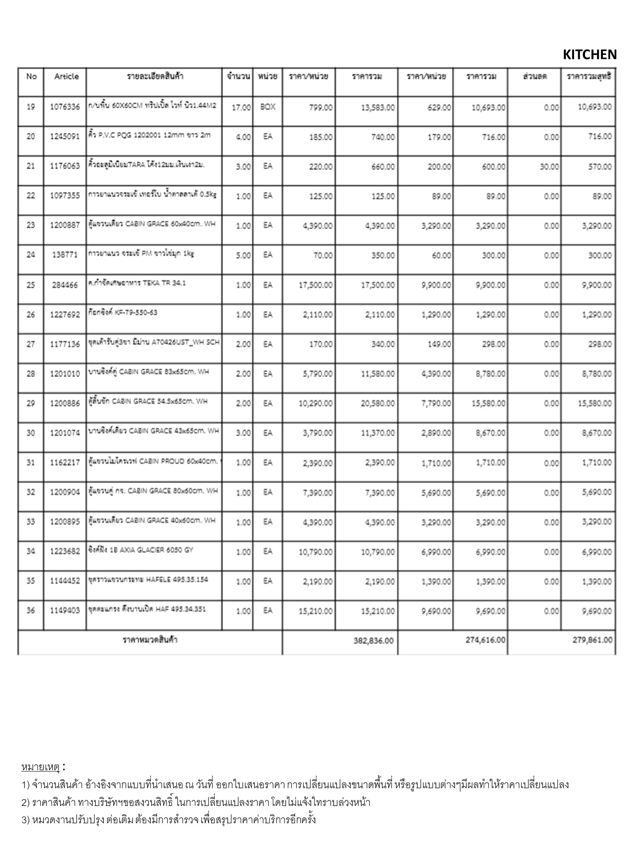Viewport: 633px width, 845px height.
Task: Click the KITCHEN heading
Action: coord(589,54)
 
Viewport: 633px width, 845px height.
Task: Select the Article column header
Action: coord(66,76)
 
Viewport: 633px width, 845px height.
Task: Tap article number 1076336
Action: coord(65,107)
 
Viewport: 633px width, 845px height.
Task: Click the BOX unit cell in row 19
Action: coord(267,107)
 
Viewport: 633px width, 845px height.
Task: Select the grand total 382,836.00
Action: coord(373,640)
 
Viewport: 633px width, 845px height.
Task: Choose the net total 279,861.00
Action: coord(592,640)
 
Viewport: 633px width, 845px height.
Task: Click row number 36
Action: coord(31,611)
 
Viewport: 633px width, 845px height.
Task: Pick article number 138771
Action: coord(65,255)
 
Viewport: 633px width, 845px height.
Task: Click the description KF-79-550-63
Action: coord(123,313)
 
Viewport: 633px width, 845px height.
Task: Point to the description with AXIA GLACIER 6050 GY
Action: coord(141,550)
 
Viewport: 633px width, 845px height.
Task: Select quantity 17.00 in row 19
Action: coord(241,107)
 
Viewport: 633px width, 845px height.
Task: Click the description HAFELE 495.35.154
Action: coord(148,580)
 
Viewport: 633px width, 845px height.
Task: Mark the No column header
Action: coord(31,76)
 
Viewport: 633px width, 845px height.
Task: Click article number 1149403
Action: coord(65,611)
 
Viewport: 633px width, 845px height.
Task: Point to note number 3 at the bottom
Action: coord(169,819)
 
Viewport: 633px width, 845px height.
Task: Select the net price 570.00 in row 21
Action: coord(600,167)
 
